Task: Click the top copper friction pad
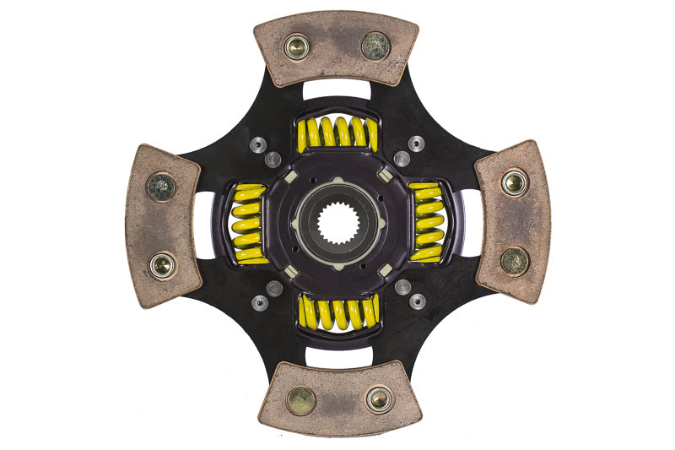(336, 48)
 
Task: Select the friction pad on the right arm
(513, 221)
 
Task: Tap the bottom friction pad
(337, 398)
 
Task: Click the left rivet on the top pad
(296, 47)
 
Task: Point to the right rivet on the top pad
(375, 46)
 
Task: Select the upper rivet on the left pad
(161, 187)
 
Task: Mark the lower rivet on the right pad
(515, 260)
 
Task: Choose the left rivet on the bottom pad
(300, 400)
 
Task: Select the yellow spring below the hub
(337, 313)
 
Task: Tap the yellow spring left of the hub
(247, 224)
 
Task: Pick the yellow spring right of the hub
(427, 223)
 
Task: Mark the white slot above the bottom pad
(337, 356)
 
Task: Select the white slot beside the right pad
(469, 223)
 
